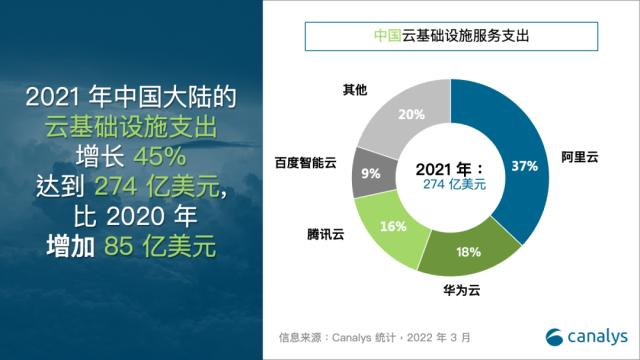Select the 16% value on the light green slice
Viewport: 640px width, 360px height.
394,226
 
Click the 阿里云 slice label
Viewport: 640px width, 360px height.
581,158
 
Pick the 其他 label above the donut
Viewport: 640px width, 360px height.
355,90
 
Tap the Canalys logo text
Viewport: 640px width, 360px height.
598,335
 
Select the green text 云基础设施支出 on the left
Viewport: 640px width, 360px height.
130,127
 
